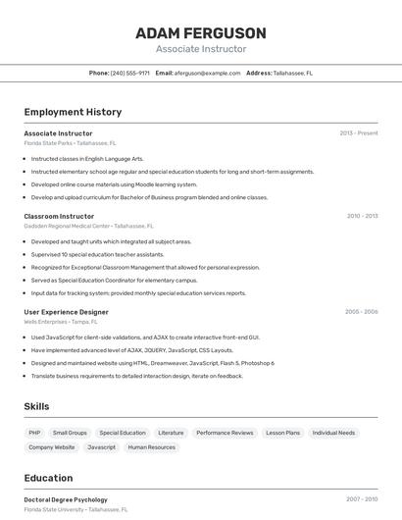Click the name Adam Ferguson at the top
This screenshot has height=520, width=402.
click(200, 33)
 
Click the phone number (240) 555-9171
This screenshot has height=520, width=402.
click(130, 73)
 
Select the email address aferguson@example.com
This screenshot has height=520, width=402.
click(208, 73)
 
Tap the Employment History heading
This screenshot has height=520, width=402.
click(73, 112)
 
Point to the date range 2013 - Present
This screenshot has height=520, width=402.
click(358, 132)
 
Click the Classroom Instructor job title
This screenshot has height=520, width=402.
click(59, 216)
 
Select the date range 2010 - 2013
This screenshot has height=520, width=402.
click(362, 216)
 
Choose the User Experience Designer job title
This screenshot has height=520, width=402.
click(66, 312)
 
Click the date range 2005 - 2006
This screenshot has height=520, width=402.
click(361, 312)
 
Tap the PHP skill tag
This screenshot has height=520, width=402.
click(34, 433)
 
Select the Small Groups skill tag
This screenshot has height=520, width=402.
click(70, 433)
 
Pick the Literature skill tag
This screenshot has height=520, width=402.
click(171, 433)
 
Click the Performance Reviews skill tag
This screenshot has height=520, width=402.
click(225, 433)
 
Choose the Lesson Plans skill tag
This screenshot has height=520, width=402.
click(282, 433)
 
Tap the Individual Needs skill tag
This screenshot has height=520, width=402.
click(333, 433)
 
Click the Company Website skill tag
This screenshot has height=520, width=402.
click(51, 447)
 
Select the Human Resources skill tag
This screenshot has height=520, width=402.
click(152, 447)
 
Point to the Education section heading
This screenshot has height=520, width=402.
click(49, 478)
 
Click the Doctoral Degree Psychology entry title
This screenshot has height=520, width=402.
click(66, 499)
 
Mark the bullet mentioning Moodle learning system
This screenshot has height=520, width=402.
click(114, 184)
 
